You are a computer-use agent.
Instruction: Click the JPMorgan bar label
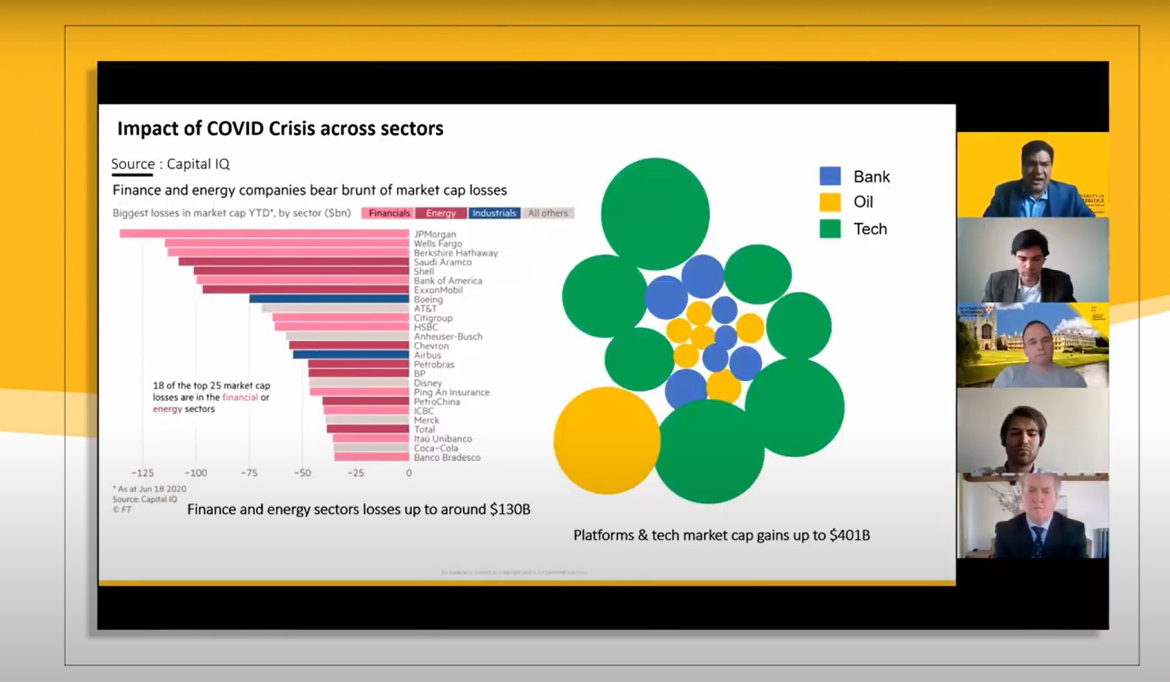pos(435,234)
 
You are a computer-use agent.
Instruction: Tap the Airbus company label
pos(427,355)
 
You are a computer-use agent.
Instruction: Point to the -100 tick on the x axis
pos(195,473)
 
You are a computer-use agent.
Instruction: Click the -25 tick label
pos(355,473)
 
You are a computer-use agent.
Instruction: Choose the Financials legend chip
pos(388,213)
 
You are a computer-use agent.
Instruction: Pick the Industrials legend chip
pos(494,213)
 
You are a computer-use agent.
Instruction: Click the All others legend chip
pos(548,213)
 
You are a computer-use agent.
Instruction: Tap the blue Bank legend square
pos(829,176)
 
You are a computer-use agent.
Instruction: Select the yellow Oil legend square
pos(829,202)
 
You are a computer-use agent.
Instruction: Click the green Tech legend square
pos(829,228)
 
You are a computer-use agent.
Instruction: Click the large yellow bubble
pos(606,440)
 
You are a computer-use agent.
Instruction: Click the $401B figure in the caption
pos(849,535)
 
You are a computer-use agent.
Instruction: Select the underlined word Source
pos(133,164)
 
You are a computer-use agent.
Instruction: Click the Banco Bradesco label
pos(447,457)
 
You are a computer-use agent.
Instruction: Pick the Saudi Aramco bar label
pos(442,262)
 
